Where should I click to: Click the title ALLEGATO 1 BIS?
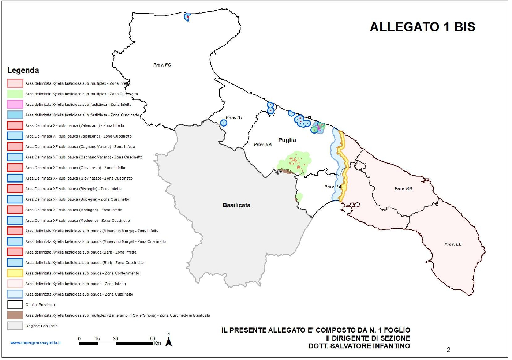click(422, 27)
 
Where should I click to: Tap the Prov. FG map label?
click(162, 65)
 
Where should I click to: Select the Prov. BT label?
click(234, 117)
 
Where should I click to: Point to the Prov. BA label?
click(263, 145)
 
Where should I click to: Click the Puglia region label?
click(287, 140)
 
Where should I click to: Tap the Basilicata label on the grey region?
click(236, 205)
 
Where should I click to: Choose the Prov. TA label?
click(333, 187)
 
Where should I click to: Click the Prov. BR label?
click(403, 189)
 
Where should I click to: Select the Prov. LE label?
click(453, 244)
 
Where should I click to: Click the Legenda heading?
click(23, 70)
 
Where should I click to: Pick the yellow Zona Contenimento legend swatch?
click(15, 273)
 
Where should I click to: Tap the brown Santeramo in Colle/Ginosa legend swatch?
click(15, 315)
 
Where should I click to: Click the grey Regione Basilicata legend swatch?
click(15, 326)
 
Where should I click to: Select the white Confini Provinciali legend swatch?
click(15, 305)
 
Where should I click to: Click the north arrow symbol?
click(169, 341)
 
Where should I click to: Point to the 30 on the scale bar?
click(116, 339)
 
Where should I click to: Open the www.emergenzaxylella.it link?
click(35, 343)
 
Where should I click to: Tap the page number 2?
click(448, 350)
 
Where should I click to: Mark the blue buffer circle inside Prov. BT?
click(224, 123)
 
